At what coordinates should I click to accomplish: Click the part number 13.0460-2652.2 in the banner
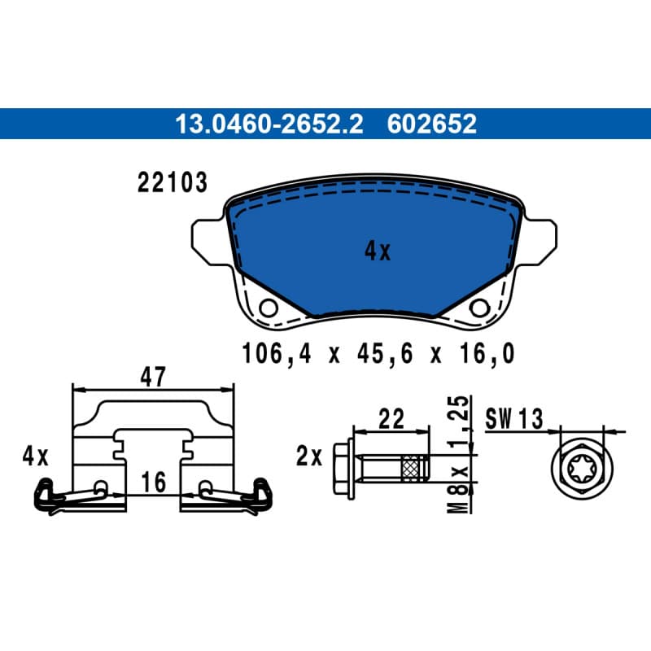269,125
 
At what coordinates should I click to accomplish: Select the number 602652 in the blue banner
432,125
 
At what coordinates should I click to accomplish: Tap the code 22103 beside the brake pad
173,182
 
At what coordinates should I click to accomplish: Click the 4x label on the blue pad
378,251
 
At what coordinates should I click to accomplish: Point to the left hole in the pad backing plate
269,308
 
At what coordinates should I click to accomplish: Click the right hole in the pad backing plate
479,308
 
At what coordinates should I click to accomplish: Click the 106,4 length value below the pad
276,354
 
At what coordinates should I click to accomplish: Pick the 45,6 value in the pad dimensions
385,354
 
